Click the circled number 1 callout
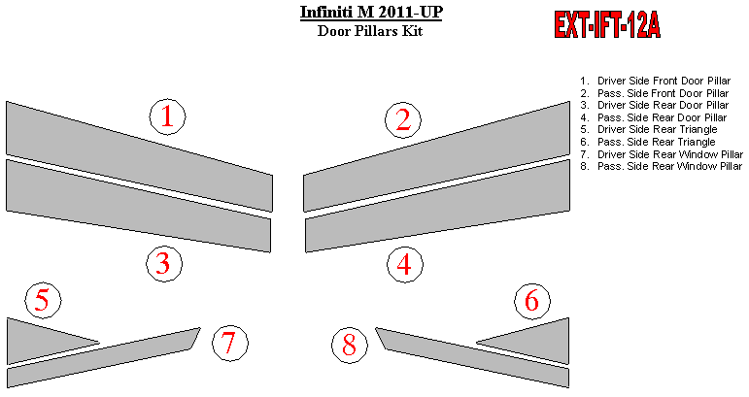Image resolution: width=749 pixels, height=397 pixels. pyautogui.click(x=167, y=116)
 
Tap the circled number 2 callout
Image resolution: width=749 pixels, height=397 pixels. pyautogui.click(x=403, y=120)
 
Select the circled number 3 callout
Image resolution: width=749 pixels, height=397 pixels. pyautogui.click(x=164, y=264)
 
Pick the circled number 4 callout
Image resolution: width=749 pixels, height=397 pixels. pyautogui.click(x=404, y=264)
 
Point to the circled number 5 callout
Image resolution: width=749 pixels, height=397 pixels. pyautogui.click(x=43, y=301)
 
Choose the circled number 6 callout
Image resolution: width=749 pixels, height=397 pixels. pyautogui.click(x=532, y=301)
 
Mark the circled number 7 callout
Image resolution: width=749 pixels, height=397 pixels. pyautogui.click(x=230, y=343)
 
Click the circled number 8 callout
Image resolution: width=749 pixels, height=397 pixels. pyautogui.click(x=350, y=345)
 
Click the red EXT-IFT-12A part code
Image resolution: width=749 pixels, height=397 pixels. pyautogui.click(x=607, y=24)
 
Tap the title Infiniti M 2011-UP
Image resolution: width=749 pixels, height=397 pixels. pyautogui.click(x=371, y=12)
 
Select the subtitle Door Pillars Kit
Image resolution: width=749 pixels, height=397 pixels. pyautogui.click(x=370, y=31)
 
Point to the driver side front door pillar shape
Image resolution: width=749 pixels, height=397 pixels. pyautogui.click(x=139, y=156)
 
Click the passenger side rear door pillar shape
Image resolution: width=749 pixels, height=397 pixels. pyautogui.click(x=438, y=206)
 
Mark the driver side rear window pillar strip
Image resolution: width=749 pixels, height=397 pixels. pyautogui.click(x=104, y=357)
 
